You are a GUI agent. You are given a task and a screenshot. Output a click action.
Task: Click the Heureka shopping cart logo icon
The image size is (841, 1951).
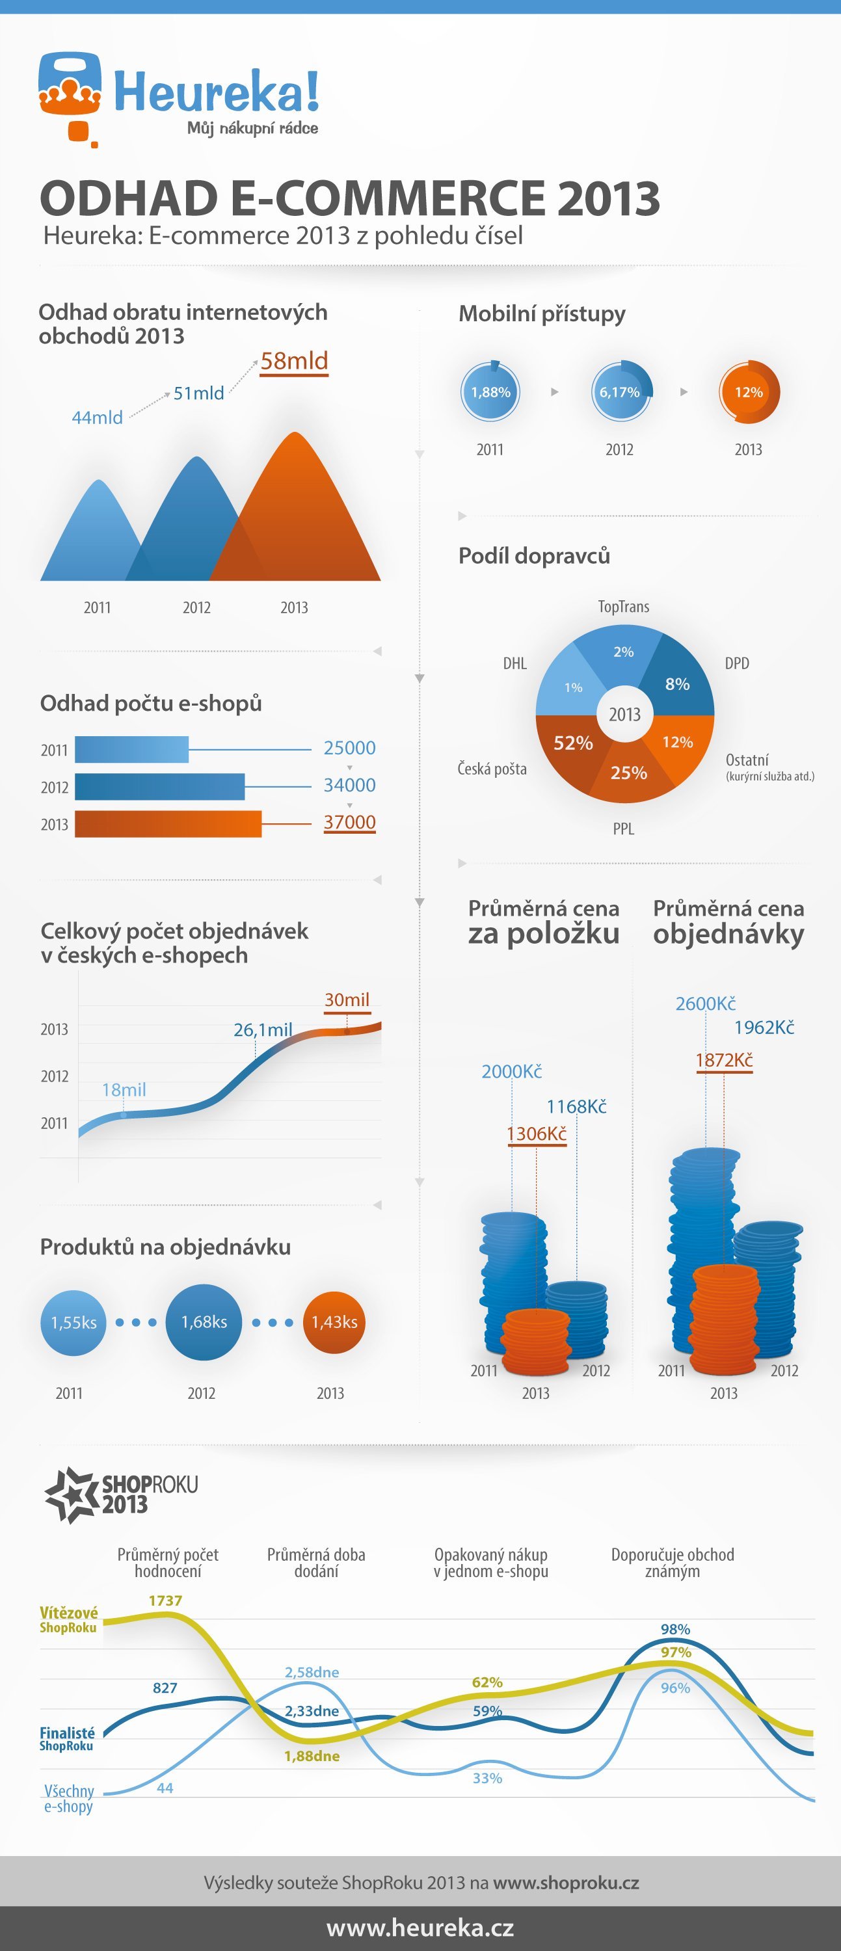(x=70, y=97)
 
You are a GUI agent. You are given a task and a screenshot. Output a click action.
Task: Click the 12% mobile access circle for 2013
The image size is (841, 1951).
(x=749, y=392)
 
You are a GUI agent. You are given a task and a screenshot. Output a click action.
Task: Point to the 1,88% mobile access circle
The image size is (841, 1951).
(x=490, y=392)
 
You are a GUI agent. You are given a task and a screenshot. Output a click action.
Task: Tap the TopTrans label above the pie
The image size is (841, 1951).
(x=624, y=607)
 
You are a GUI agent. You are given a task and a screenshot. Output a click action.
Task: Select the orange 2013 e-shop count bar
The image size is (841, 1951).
(x=168, y=824)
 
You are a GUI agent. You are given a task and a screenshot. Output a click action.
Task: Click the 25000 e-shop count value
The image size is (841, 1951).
(x=349, y=747)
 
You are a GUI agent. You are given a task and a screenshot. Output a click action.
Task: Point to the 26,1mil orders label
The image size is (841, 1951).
(x=263, y=1030)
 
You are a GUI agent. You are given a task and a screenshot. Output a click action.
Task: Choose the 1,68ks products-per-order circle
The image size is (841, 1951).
(x=204, y=1321)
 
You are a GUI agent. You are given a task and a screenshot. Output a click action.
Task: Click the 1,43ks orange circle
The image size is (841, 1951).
(x=334, y=1321)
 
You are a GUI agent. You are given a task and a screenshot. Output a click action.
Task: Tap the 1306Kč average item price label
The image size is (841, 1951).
(x=537, y=1134)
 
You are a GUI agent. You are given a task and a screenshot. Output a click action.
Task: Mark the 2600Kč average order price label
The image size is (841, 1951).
(x=705, y=1003)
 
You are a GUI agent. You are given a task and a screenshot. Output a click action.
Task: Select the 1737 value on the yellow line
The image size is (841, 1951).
(x=165, y=1600)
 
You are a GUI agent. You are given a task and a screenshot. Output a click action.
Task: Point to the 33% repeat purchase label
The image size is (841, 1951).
(x=487, y=1777)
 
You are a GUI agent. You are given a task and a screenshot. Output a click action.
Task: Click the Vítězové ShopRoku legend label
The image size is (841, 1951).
(x=68, y=1619)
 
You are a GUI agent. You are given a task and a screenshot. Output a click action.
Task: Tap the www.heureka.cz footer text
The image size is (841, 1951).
(x=420, y=1928)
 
